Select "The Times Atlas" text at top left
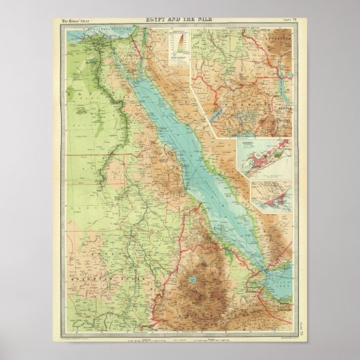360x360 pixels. [x=76, y=22]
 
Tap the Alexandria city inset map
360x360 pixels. [x=264, y=158]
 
